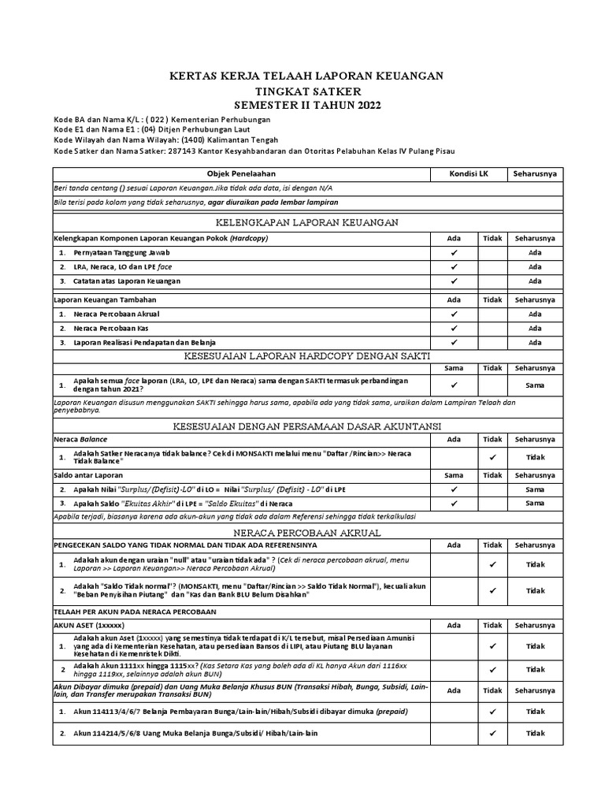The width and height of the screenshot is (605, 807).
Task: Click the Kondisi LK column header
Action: click(469, 173)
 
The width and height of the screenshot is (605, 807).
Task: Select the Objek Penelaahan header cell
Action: click(241, 173)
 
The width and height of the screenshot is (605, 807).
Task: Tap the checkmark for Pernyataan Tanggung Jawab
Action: click(455, 253)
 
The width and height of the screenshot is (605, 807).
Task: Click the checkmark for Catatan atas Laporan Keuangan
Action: click(455, 281)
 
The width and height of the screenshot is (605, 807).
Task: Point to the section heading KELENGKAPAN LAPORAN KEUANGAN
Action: click(307, 223)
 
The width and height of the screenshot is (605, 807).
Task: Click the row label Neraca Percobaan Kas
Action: click(111, 328)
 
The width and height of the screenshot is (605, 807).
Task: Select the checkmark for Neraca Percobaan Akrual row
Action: click(455, 314)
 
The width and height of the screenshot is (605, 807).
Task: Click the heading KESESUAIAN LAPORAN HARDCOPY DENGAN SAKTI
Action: click(307, 357)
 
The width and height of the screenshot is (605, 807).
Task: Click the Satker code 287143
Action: click(186, 151)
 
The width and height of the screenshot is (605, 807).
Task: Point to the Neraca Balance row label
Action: click(80, 439)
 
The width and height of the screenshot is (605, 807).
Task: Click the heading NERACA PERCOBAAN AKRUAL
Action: click(307, 533)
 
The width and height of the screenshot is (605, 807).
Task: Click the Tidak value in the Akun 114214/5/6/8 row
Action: click(535, 733)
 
